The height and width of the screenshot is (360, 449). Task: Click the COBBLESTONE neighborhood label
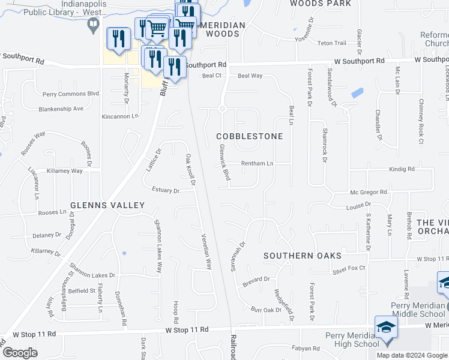pos(249,137)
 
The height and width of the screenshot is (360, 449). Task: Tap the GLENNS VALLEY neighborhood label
pos(107,205)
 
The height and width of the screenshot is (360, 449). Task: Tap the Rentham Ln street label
pos(257,163)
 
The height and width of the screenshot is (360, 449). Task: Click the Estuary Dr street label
pos(165,191)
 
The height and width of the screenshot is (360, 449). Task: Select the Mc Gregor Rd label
pos(369,193)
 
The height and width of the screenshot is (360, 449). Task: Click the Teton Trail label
pos(332,43)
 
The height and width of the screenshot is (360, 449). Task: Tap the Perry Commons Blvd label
pos(70,94)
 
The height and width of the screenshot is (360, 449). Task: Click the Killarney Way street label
pos(65,171)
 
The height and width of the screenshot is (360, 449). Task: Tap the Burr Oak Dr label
pos(266,310)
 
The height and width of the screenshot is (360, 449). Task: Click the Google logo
pos(20,353)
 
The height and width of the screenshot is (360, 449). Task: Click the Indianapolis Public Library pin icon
pos(93,25)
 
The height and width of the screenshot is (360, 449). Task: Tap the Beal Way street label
pos(250,76)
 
